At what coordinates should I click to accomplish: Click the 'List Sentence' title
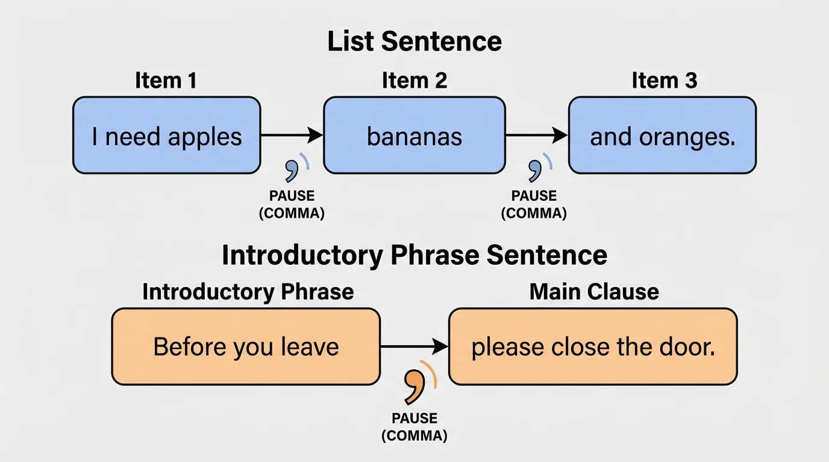tap(414, 42)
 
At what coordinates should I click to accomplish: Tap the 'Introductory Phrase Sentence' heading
tap(414, 255)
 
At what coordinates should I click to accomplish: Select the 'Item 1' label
tap(166, 80)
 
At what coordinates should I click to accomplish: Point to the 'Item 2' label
tap(414, 80)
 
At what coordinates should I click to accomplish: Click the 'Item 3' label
tap(664, 80)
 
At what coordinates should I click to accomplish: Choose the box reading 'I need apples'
tap(167, 136)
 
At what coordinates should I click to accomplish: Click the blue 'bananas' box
tap(414, 136)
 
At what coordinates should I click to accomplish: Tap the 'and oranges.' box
tap(662, 136)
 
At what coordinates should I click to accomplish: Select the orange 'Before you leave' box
tap(246, 346)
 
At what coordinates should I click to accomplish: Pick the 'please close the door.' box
tap(593, 346)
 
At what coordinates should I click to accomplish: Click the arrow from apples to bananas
tap(292, 135)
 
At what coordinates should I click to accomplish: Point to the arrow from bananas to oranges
tap(536, 135)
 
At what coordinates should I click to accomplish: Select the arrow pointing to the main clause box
tap(414, 346)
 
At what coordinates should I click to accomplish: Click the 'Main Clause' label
tap(594, 292)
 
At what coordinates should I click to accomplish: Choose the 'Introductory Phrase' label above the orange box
tap(248, 292)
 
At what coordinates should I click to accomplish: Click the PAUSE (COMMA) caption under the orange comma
tap(414, 427)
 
